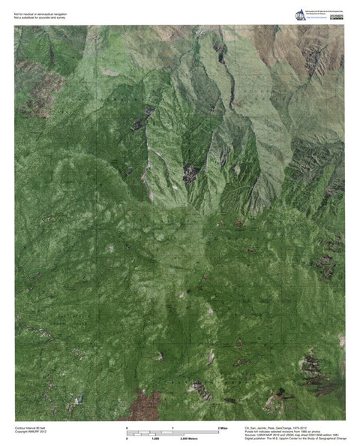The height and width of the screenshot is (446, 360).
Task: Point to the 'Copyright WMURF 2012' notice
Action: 31,431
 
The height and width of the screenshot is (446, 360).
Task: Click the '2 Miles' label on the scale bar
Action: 223,427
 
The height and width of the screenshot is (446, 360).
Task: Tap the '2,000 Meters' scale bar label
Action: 178,438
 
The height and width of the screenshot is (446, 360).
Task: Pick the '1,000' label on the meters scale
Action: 155,438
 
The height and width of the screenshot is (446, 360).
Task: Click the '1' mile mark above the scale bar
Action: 173,427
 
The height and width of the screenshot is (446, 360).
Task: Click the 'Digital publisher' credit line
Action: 295,438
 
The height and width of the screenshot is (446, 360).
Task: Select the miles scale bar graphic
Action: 173,431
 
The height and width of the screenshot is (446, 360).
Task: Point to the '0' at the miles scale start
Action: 128,427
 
